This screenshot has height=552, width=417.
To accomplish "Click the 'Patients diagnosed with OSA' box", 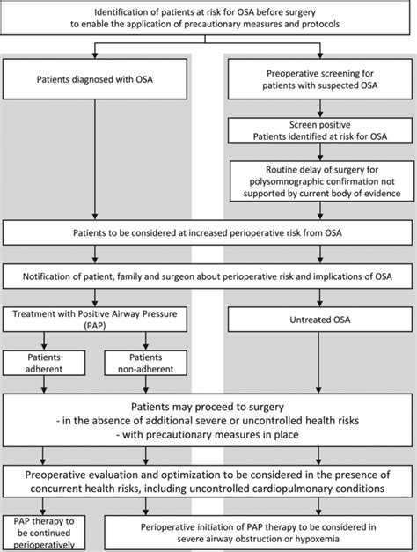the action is click(x=95, y=79).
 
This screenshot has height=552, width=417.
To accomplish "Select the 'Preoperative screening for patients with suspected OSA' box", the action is click(x=320, y=79).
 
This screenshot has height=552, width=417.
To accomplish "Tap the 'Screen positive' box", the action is click(x=320, y=130).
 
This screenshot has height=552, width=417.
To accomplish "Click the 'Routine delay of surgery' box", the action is click(x=322, y=181).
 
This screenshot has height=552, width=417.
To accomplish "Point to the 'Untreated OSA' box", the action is click(x=320, y=320).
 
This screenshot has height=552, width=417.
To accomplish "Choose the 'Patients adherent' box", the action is click(x=44, y=363).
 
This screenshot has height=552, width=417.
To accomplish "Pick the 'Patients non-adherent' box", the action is click(x=146, y=363).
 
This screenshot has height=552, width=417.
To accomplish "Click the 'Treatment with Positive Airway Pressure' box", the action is click(x=95, y=320).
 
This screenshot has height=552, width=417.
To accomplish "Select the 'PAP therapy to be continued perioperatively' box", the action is click(x=44, y=533).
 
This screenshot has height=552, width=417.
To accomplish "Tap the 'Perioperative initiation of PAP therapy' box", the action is click(x=259, y=533).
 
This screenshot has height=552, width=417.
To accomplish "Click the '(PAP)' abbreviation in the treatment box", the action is click(x=95, y=326).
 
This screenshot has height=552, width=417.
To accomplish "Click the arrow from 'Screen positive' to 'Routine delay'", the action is click(x=320, y=151).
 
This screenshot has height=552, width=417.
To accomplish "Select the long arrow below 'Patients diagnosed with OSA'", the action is click(x=95, y=160).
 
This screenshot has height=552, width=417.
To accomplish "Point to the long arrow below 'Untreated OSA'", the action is click(x=318, y=363).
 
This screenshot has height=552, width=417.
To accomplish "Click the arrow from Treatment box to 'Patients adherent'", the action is click(x=44, y=341).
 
